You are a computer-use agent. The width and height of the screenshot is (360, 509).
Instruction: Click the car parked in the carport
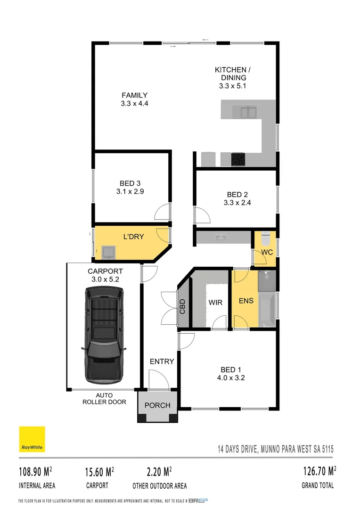[104, 336]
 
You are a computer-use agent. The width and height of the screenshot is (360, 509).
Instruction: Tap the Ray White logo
[32, 439]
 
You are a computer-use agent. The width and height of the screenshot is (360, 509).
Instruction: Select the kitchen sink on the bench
[248, 113]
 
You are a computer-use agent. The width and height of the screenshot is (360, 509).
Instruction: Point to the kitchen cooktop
[237, 159]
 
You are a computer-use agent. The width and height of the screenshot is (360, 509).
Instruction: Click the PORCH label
[157, 405]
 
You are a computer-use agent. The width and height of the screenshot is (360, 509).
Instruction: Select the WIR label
[215, 302]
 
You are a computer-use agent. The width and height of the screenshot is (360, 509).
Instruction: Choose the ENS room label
[246, 300]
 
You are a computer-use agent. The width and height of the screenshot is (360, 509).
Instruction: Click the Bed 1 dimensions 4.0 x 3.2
[231, 378]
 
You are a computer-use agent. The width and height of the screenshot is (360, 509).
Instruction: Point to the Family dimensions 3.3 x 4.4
[135, 103]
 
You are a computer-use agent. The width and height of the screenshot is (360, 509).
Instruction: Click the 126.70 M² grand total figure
[319, 471]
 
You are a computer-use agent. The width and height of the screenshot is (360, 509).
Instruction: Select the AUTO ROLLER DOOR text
[104, 399]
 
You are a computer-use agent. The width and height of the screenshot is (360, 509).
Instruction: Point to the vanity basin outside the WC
[221, 237]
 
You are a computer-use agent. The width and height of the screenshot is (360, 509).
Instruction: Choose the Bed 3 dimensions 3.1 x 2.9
[130, 192]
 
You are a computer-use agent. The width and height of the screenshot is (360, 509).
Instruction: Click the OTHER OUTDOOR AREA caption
[160, 485]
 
